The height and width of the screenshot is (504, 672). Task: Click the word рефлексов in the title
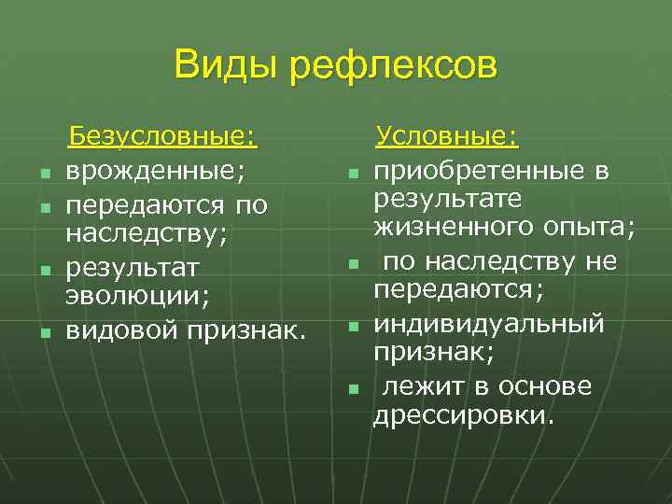pos(394,67)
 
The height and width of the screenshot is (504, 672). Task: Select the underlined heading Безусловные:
pos(163,139)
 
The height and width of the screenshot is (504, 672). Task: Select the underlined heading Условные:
pos(447,139)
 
